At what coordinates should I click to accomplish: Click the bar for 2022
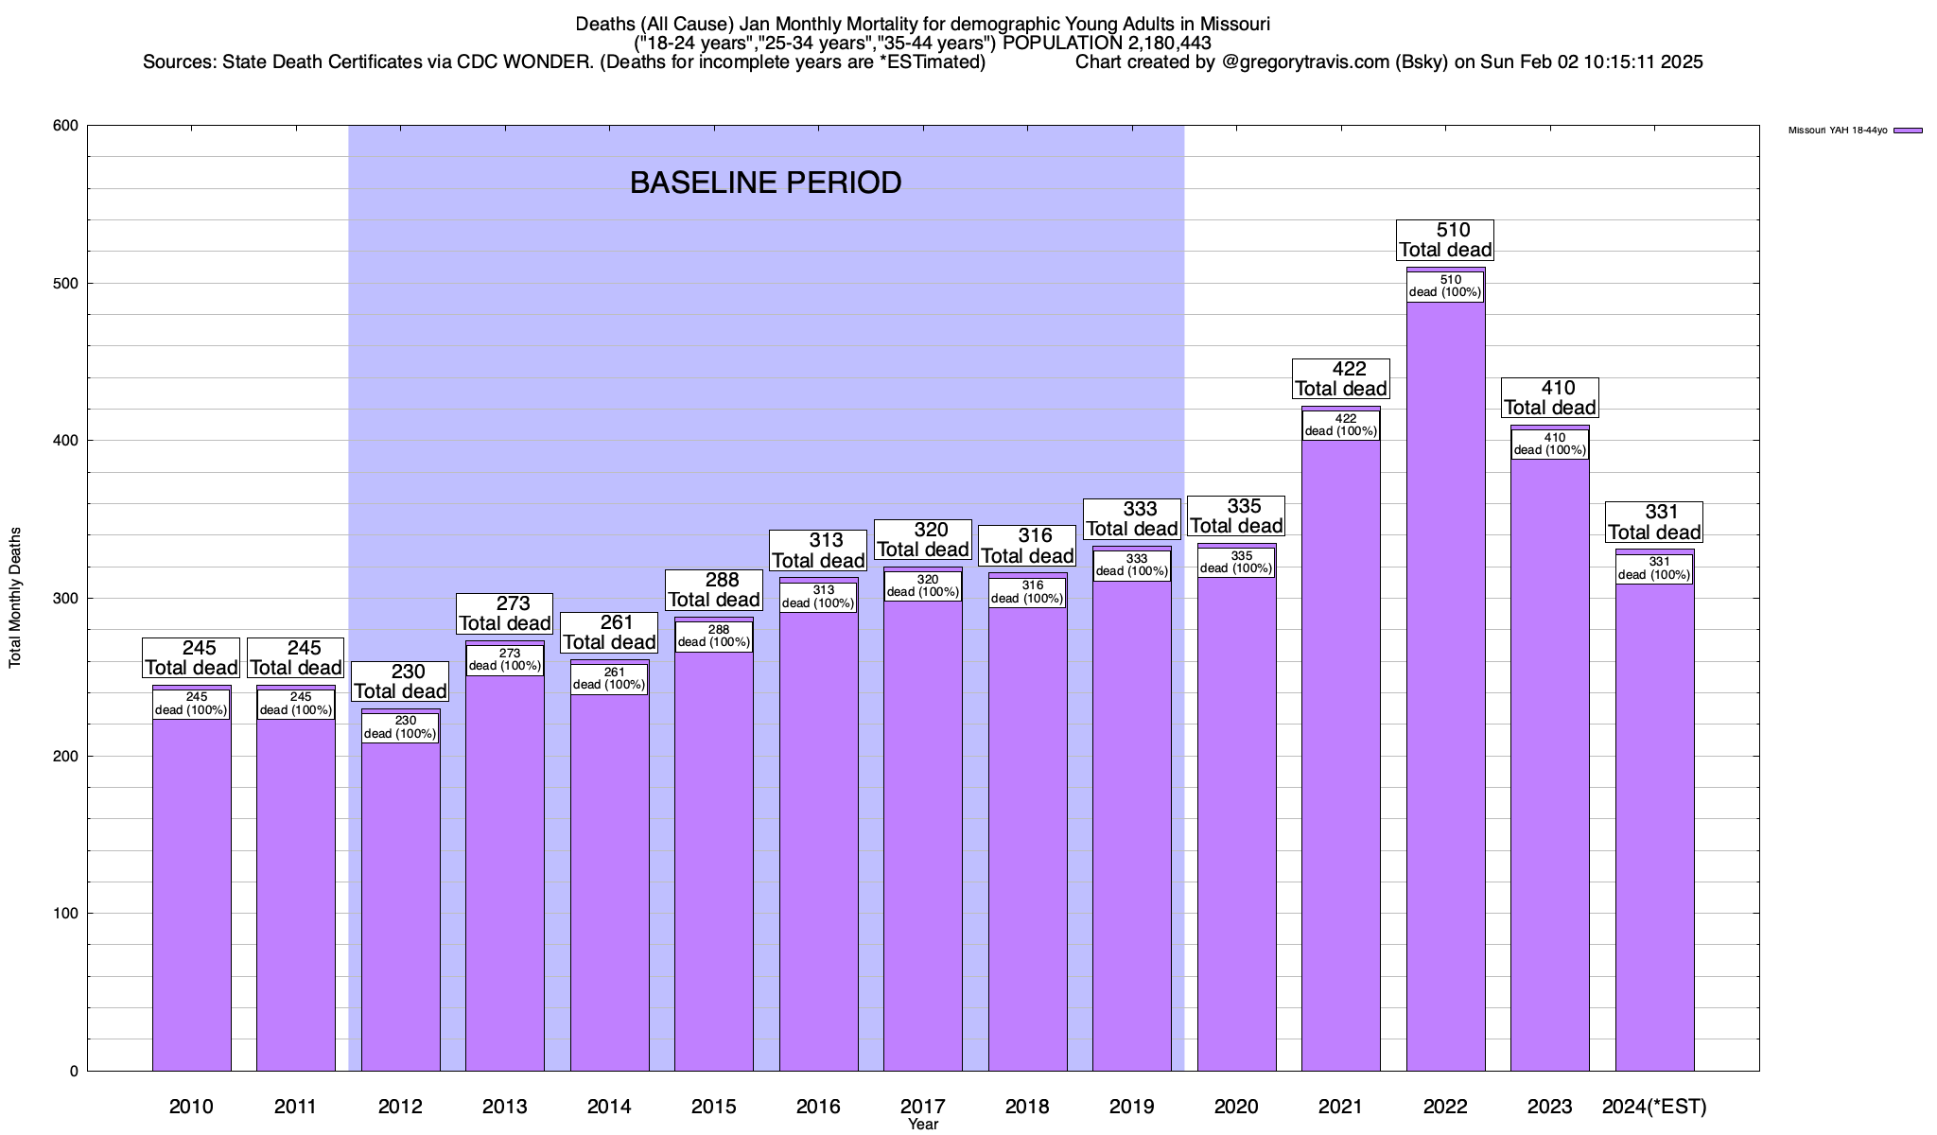pos(1445,681)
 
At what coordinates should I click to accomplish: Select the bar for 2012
pos(400,899)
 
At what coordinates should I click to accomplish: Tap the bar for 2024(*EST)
pos(1654,823)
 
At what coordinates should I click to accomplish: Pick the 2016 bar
pos(818,832)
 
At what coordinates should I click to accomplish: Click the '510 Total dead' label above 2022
pos(1445,240)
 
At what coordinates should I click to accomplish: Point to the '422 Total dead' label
pos(1341,378)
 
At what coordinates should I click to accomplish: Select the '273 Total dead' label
pos(505,614)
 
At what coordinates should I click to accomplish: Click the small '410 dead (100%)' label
pos(1549,445)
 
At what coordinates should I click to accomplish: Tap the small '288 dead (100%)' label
pos(714,636)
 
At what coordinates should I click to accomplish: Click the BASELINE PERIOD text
pos(765,183)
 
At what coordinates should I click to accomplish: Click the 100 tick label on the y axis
pos(66,914)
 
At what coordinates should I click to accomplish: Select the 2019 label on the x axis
pos(1131,1107)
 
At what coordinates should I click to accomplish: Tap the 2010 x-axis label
pos(191,1107)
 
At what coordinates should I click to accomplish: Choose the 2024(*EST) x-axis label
pos(1654,1107)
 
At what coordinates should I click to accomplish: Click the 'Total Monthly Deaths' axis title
pos(15,598)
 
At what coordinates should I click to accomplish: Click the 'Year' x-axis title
pos(922,1125)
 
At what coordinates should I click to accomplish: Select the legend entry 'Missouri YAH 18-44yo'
pos(1854,131)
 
